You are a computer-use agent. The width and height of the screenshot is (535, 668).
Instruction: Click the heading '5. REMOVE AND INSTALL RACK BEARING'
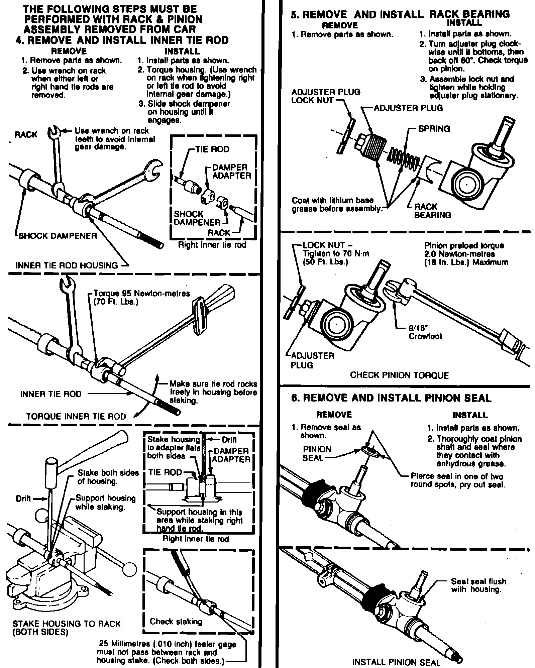click(x=400, y=14)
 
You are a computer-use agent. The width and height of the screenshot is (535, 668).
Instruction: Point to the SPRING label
click(x=434, y=129)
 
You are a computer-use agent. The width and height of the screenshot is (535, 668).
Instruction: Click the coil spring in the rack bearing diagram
click(x=406, y=158)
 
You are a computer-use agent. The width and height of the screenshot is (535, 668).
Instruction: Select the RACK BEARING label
click(x=432, y=211)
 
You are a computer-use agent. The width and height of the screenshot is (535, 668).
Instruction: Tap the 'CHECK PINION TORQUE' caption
click(x=399, y=375)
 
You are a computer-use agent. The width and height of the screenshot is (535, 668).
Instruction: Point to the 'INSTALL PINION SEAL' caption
click(x=396, y=662)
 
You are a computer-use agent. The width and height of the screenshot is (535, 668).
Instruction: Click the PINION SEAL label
click(x=317, y=453)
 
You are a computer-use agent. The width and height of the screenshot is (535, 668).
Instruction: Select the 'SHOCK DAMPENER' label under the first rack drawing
click(x=58, y=236)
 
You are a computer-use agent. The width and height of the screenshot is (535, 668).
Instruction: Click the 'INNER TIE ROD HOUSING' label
click(x=67, y=265)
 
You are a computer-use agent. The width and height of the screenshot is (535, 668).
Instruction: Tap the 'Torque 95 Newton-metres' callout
click(x=142, y=294)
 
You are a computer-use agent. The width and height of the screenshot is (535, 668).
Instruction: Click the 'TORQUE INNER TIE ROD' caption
click(x=76, y=416)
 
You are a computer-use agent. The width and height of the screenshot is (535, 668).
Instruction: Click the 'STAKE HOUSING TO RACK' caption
click(x=66, y=624)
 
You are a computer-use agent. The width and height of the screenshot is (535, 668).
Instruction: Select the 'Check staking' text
click(x=176, y=622)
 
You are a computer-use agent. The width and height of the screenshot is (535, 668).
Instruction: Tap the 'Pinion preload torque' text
click(x=464, y=245)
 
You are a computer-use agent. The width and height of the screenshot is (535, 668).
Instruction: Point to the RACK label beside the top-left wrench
click(x=26, y=134)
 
